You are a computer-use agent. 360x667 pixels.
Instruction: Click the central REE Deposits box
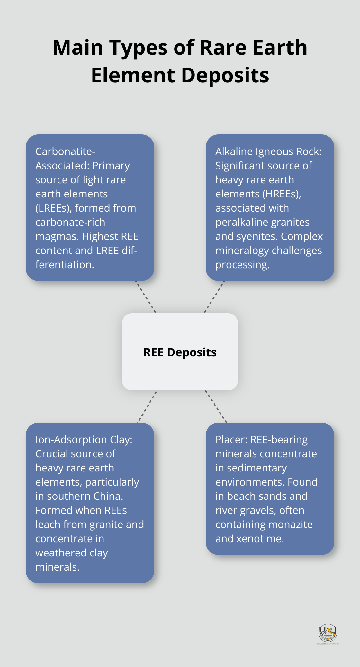pos(180,352)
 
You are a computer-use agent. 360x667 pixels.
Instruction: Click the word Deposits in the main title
pos(225,76)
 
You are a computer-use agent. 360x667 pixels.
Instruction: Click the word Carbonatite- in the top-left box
pos(65,151)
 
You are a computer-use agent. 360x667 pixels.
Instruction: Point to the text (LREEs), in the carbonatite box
pos(53,208)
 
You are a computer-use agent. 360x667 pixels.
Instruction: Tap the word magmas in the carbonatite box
pos(57,236)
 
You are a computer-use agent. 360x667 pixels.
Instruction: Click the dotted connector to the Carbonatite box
pos(146,297)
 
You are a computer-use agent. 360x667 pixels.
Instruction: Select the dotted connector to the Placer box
pos(216,406)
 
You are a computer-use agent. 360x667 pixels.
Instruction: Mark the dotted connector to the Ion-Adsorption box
pos(148,406)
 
